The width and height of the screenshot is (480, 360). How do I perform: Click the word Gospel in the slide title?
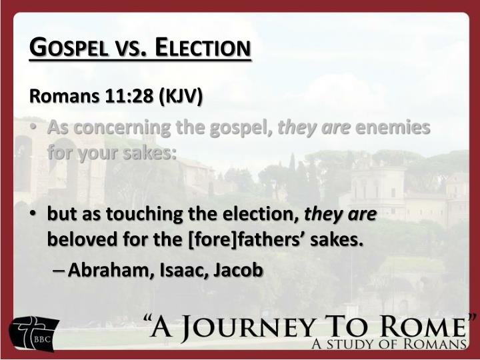[x=69, y=47]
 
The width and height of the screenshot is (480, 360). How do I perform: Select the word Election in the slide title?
[x=203, y=47]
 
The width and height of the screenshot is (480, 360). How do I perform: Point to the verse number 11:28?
[x=129, y=96]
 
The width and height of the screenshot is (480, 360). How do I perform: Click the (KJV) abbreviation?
[x=181, y=97]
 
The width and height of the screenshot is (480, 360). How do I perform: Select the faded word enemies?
[x=393, y=127]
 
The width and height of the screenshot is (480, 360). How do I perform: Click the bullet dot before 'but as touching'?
[x=33, y=213]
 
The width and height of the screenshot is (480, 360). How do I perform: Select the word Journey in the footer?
[x=252, y=328]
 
